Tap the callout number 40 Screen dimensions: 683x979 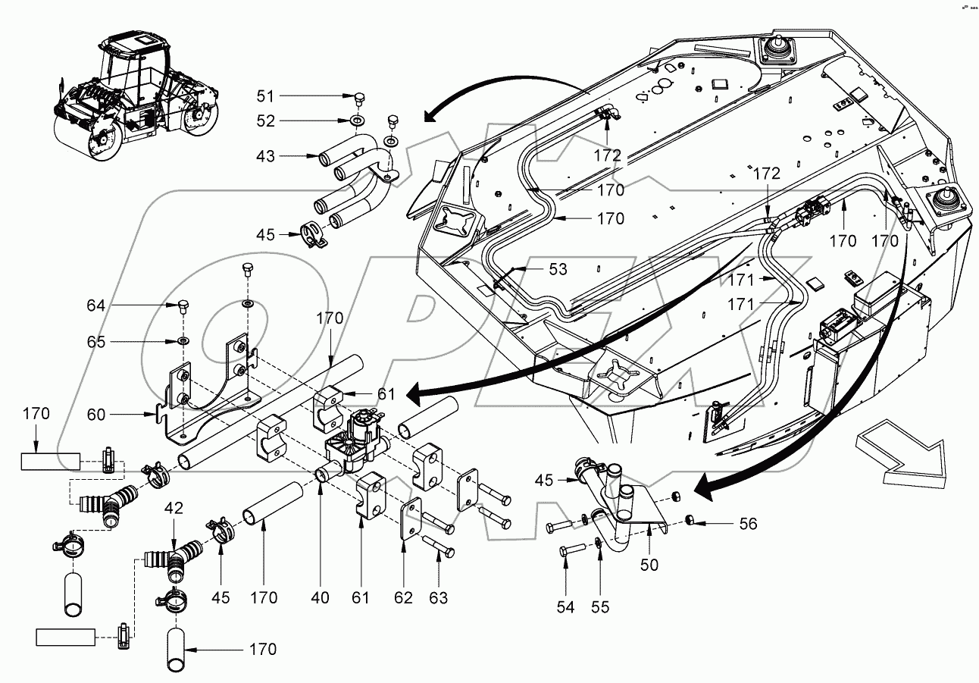pyautogui.click(x=321, y=598)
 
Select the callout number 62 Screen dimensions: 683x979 pyautogui.click(x=403, y=598)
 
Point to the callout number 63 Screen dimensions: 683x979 pyautogui.click(x=438, y=598)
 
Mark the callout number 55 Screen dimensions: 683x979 pyautogui.click(x=599, y=606)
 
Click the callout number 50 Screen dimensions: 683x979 pyautogui.click(x=649, y=565)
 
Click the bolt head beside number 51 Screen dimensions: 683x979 pyautogui.click(x=361, y=97)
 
